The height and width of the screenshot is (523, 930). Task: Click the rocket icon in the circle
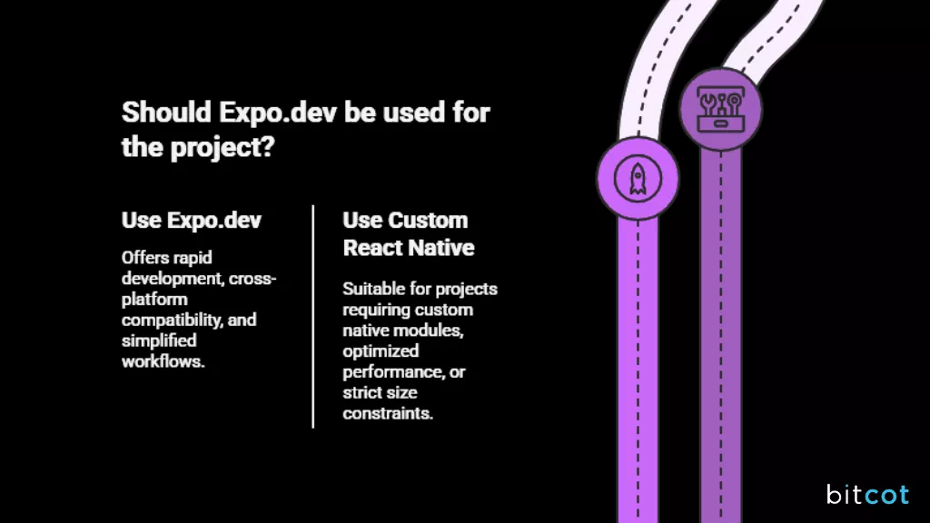pos(638,178)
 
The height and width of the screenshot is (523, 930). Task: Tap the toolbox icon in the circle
pos(720,109)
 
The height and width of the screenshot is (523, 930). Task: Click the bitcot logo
pos(866,494)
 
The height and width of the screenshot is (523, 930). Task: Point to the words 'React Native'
pos(408,247)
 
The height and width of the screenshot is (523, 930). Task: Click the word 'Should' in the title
pos(167,113)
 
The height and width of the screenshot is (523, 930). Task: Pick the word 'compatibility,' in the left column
pos(168,320)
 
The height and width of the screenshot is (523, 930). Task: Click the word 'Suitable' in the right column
pos(372,289)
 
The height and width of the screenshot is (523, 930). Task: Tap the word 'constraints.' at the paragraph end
pos(388,413)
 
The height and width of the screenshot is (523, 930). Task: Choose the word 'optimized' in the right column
pos(381,350)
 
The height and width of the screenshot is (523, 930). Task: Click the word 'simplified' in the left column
pos(159,340)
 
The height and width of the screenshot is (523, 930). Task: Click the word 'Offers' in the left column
pos(144,258)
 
